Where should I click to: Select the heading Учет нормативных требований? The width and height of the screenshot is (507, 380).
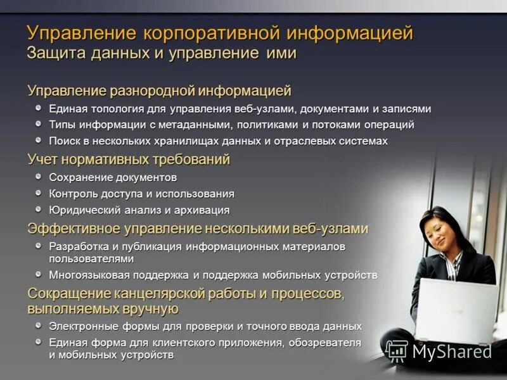pyautogui.click(x=128, y=159)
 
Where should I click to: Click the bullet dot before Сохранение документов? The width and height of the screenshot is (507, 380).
pyautogui.click(x=39, y=177)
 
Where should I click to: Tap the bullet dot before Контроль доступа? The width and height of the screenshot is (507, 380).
pyautogui.click(x=39, y=193)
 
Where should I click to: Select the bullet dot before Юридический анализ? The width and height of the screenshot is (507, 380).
pyautogui.click(x=39, y=209)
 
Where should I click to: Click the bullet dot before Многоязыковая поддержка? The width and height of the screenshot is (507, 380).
pyautogui.click(x=39, y=275)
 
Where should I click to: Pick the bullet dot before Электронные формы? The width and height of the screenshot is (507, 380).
pyautogui.click(x=39, y=326)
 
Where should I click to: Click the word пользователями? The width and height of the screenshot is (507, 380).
pyautogui.click(x=91, y=258)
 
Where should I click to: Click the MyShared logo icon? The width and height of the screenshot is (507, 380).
pyautogui.click(x=397, y=351)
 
